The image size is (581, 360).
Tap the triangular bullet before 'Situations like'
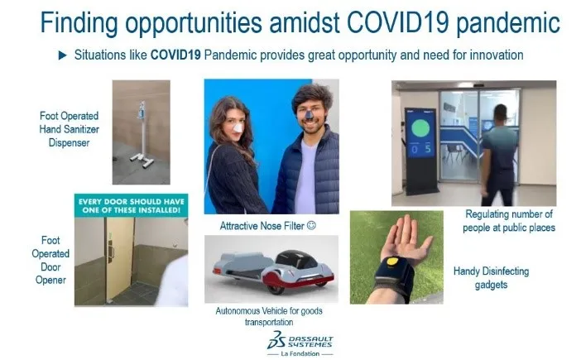63,55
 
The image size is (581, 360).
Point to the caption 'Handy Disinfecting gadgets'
491,277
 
